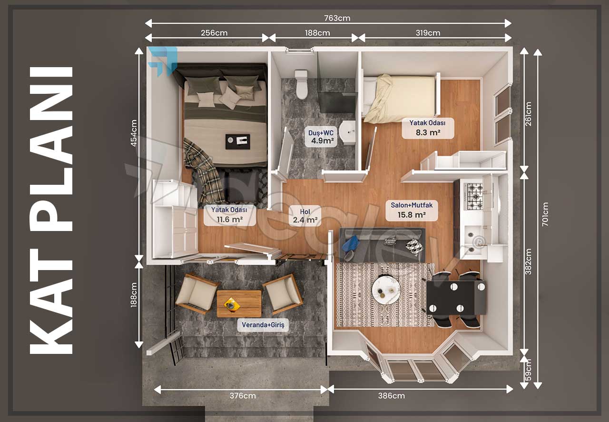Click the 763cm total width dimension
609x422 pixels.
tap(337, 18)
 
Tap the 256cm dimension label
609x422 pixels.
tap(214, 33)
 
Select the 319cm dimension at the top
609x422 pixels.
tap(428, 33)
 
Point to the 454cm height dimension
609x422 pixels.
tap(134, 133)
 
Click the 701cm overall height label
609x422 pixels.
tap(545, 214)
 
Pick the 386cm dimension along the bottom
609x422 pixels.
tap(391, 396)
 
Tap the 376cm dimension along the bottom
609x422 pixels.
tap(243, 396)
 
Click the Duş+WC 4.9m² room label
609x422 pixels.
tap(321, 137)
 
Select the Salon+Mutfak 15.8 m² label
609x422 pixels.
tap(412, 210)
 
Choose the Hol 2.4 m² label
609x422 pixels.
tap(305, 216)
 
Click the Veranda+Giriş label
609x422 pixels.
tap(263, 325)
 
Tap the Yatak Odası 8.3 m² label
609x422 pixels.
tap(428, 128)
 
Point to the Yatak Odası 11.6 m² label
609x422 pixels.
tap(230, 215)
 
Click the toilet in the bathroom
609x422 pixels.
tap(302, 84)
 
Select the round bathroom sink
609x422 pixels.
tap(347, 132)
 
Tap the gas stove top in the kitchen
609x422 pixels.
tap(474, 196)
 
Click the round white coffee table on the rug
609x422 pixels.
tap(386, 289)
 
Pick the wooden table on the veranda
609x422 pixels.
tap(239, 304)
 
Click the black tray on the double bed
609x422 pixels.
tap(237, 141)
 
